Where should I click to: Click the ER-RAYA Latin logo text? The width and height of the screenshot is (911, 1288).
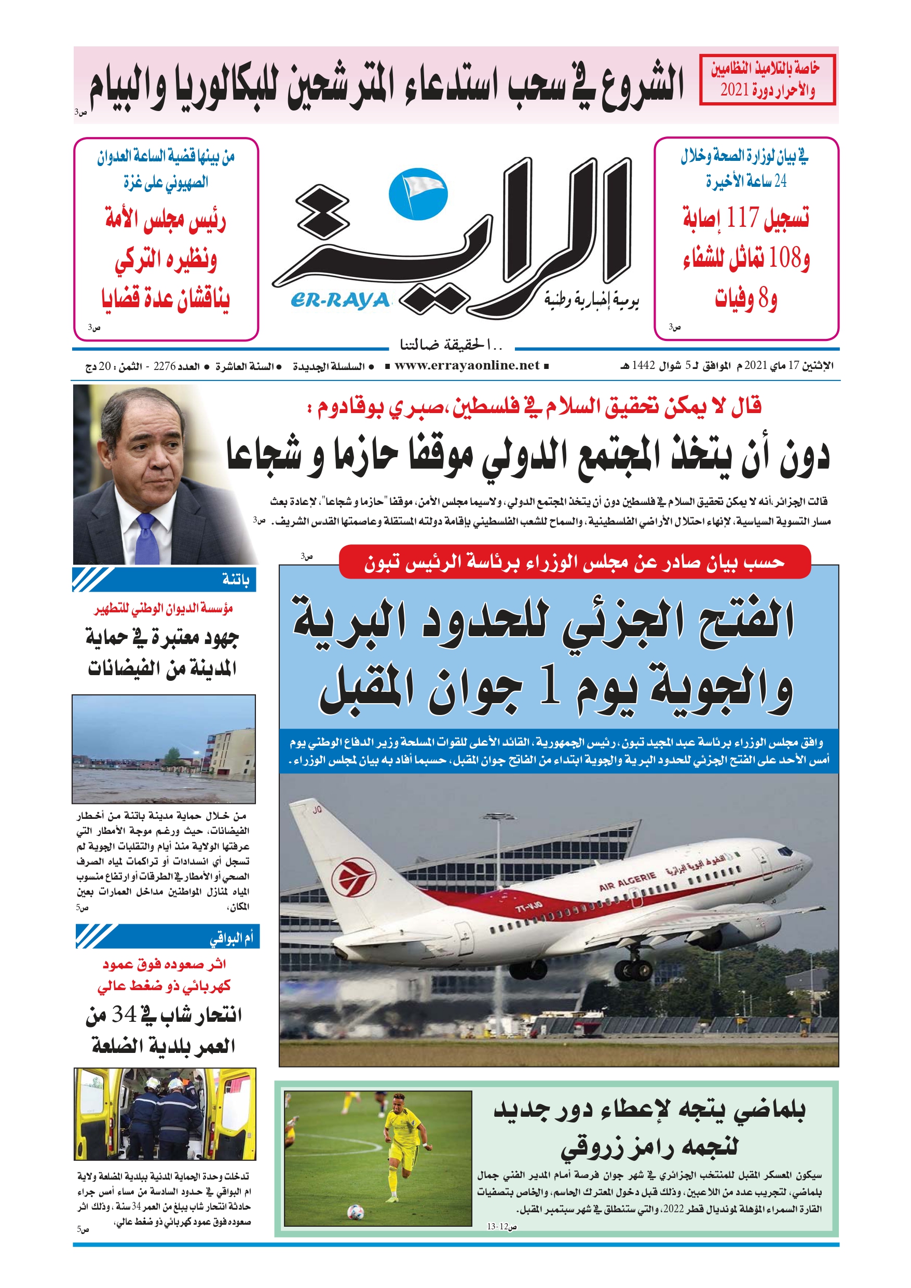tap(340, 300)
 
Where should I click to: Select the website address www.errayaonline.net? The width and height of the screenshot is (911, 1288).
tap(467, 366)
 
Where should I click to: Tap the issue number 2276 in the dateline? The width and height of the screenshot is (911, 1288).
tap(165, 366)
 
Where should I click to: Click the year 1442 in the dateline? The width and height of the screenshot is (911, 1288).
tap(643, 366)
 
